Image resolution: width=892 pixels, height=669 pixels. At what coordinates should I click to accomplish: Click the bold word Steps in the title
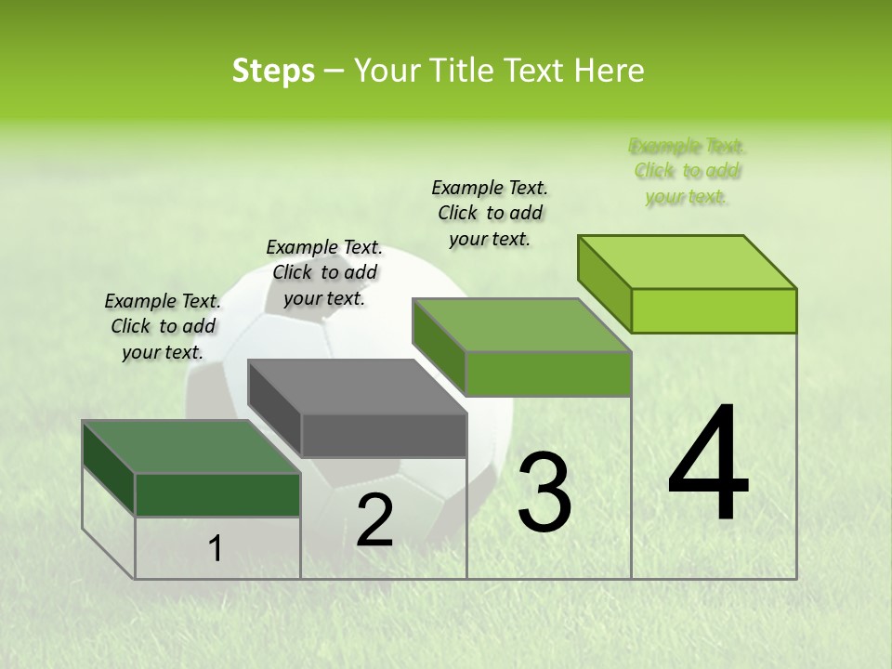(x=273, y=71)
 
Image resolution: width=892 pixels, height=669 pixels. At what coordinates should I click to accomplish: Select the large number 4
(x=708, y=465)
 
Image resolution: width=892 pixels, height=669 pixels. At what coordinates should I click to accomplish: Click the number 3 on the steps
(x=544, y=492)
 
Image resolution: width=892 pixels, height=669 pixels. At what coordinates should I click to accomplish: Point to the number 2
(x=374, y=520)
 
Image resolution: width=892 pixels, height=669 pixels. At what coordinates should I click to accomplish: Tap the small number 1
(x=216, y=549)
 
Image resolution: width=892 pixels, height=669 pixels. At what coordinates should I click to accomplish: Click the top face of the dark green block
(x=191, y=447)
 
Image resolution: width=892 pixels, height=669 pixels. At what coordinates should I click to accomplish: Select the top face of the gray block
(x=357, y=387)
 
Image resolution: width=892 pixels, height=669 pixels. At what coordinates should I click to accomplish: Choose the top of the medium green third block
(x=522, y=326)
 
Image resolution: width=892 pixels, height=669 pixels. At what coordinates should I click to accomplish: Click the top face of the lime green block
(x=688, y=262)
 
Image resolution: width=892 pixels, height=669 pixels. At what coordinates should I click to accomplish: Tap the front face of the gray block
(x=385, y=435)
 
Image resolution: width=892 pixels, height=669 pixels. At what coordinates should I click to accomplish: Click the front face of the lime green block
(x=714, y=310)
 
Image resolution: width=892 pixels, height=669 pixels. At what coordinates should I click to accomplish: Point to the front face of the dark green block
(x=218, y=494)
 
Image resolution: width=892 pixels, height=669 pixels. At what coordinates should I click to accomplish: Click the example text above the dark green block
(x=163, y=326)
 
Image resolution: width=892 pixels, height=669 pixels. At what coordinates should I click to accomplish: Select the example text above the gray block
(x=324, y=272)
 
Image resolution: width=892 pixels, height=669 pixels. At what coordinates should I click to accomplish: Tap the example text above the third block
(x=490, y=213)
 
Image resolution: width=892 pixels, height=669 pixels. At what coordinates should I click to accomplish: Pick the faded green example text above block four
(x=687, y=171)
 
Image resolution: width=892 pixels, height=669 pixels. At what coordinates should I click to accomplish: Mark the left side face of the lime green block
(x=605, y=283)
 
